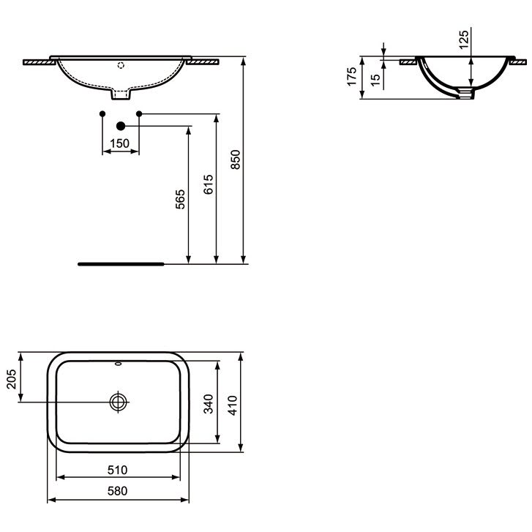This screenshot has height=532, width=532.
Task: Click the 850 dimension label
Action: pos(235,160)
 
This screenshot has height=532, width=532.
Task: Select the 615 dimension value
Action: pos(209,184)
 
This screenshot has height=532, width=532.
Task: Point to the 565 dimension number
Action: pos(180,199)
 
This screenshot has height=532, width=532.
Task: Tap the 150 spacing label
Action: pos(120,143)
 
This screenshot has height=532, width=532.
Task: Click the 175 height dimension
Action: pos(352,76)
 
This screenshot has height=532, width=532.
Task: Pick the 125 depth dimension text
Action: pos(463,40)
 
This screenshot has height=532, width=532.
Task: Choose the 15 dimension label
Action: pos(375,80)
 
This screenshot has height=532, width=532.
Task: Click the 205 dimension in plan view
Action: pos(11,379)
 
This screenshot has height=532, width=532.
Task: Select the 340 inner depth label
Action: pos(209,404)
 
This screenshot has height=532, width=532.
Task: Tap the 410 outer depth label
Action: pos(233,405)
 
